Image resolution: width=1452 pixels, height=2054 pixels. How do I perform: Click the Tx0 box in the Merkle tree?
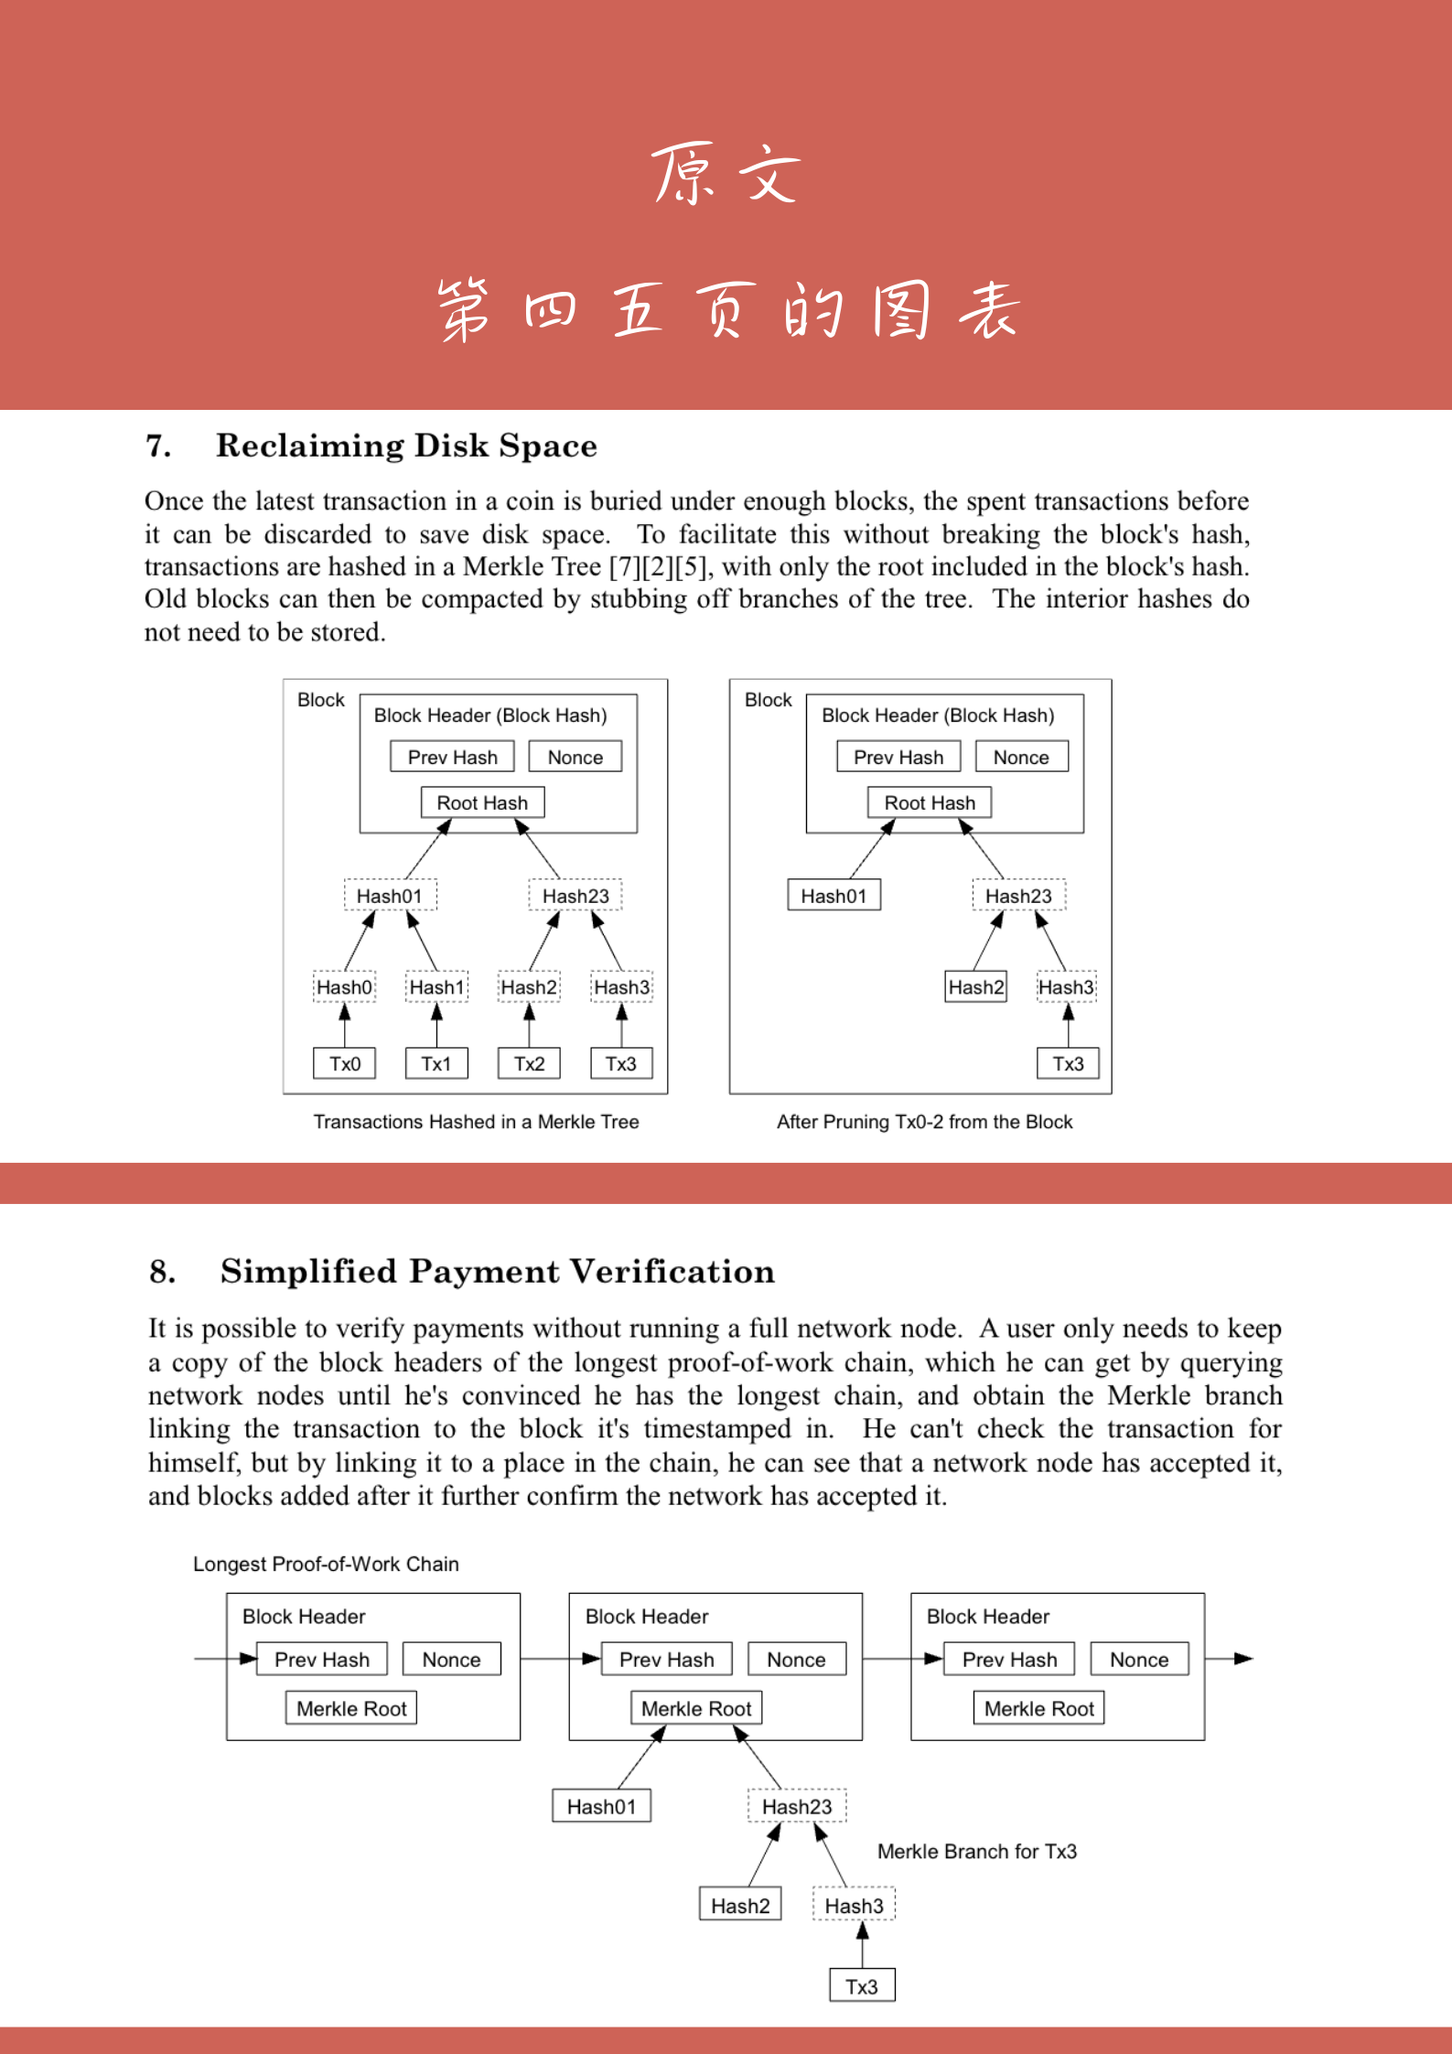[344, 1063]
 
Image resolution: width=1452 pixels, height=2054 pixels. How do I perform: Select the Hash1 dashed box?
[436, 987]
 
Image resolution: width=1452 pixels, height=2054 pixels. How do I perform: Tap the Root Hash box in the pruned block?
[929, 802]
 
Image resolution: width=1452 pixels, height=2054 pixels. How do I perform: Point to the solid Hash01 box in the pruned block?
[834, 896]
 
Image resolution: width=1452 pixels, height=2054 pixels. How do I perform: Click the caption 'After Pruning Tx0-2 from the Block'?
[924, 1122]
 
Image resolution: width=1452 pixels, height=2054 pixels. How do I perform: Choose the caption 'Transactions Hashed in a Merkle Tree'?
[476, 1122]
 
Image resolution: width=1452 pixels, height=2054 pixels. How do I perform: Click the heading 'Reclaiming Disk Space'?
[406, 446]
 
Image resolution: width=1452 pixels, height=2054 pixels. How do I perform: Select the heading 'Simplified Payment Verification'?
[497, 1272]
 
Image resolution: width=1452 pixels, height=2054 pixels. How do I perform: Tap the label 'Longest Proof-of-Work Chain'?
[326, 1564]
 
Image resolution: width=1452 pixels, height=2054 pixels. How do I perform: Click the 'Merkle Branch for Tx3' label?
[976, 1852]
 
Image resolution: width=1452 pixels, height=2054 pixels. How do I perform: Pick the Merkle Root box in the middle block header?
[695, 1708]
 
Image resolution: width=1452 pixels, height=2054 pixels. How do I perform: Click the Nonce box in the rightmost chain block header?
[1139, 1660]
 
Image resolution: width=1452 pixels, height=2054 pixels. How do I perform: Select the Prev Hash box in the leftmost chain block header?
[321, 1660]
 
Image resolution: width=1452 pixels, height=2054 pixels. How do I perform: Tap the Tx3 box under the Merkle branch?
[861, 1986]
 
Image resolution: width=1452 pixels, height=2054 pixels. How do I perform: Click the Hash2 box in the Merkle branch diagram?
[740, 1906]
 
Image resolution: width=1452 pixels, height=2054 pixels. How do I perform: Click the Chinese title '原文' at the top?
[726, 174]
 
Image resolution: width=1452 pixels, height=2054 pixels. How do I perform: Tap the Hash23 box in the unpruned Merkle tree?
[575, 896]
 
